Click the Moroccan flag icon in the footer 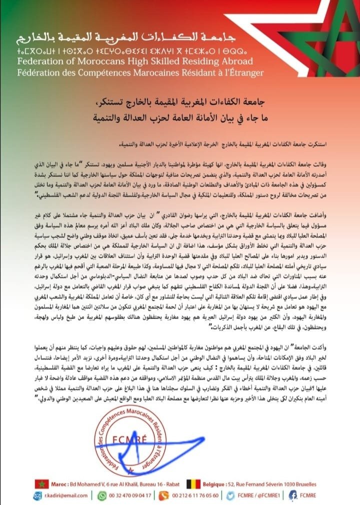pos(41,483)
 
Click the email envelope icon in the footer pos(39,496)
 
